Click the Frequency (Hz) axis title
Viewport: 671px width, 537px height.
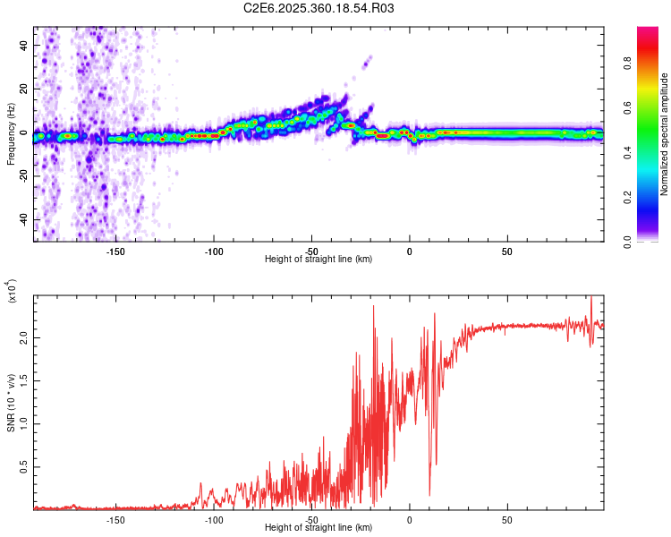point(11,134)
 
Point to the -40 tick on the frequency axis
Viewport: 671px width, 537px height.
point(21,219)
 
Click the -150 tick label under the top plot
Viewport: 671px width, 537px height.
point(115,251)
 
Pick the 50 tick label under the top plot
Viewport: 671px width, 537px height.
point(506,251)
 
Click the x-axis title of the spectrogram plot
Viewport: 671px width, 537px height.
point(319,260)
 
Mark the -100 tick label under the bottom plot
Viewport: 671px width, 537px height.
point(214,519)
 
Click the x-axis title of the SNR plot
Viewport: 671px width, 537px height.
point(319,528)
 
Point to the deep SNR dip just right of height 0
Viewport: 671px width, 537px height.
point(430,494)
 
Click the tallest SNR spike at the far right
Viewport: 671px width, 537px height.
point(591,298)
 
